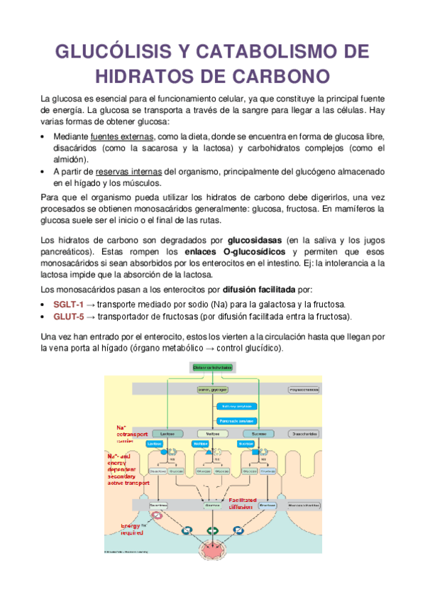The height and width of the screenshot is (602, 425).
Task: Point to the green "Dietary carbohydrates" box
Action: click(212, 367)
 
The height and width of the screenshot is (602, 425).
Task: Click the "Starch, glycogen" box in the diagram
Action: click(212, 390)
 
